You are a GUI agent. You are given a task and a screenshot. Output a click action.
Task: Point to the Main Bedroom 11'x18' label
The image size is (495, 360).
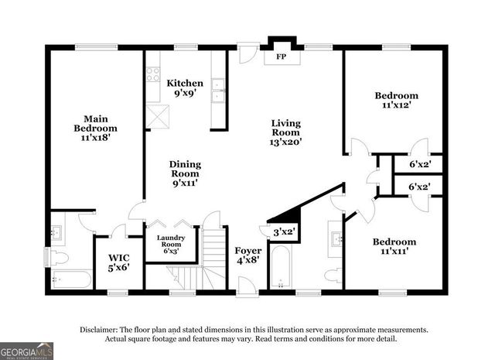click(x=95, y=127)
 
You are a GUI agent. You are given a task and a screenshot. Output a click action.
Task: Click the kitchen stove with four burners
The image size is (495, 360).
click(x=153, y=75)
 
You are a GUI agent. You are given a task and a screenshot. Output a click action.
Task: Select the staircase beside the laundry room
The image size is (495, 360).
click(x=210, y=259)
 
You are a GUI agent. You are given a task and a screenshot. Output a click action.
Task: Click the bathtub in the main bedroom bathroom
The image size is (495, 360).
click(x=71, y=279)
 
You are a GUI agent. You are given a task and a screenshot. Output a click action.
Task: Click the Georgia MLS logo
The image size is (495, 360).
click(x=27, y=350)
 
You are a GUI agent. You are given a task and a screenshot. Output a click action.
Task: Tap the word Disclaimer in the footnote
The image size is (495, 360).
click(x=98, y=329)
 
